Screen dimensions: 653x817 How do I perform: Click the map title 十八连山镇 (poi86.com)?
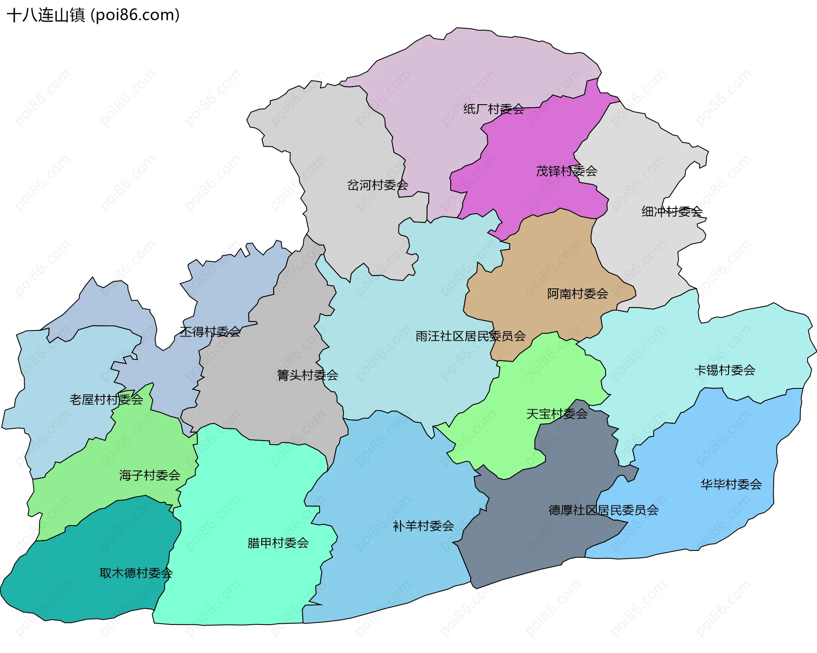[x=93, y=15]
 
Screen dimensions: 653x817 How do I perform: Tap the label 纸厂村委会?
[x=494, y=109]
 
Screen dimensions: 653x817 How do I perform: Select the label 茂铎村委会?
[x=566, y=171]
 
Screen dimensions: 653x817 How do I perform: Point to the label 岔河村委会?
[x=377, y=185]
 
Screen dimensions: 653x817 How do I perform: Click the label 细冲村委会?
[x=672, y=211]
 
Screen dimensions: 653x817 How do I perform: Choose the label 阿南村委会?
[x=577, y=294]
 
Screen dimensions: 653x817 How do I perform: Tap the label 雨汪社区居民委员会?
[x=470, y=336]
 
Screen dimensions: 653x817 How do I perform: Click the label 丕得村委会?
[x=210, y=332]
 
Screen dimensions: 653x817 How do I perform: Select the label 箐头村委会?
[x=307, y=375]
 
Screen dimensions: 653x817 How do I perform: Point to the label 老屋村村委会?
[x=106, y=399]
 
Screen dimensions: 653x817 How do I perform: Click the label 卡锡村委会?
[x=725, y=370]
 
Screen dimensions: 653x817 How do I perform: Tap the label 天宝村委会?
[x=557, y=414]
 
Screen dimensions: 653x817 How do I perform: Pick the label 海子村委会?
[x=150, y=475]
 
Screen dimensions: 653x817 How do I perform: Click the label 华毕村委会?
[x=731, y=484]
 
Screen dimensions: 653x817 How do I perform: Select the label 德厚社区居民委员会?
[x=603, y=510]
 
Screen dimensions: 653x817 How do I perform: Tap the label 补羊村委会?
[x=423, y=526]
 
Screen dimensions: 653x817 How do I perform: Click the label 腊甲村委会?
[x=278, y=543]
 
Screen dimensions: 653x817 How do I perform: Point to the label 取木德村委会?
[x=136, y=573]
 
